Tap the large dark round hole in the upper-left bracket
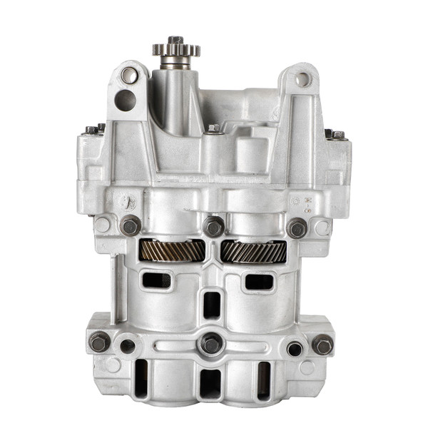point(126,100)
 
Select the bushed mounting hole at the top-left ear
point(129,74)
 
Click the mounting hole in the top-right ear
point(302,78)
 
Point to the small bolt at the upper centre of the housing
point(213,129)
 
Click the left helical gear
point(172,250)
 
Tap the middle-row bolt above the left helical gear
point(131,226)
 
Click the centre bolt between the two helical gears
point(213,228)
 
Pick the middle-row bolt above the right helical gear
point(297,228)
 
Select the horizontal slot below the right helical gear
point(259,282)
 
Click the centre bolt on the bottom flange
point(211,343)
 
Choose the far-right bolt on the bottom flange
point(322,345)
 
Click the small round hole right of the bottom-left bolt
point(128,347)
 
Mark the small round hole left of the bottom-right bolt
point(295,349)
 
